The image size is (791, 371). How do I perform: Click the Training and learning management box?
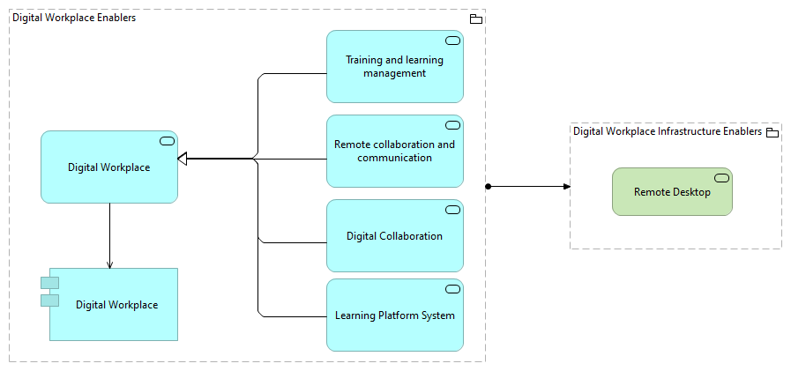coord(394,67)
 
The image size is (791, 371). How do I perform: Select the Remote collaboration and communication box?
coord(394,152)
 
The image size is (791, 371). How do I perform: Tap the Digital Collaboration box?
coord(394,236)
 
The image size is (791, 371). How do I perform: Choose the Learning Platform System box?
coord(394,315)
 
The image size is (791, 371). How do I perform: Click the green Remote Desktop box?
coord(672,192)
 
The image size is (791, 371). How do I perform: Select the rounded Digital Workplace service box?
coord(109,167)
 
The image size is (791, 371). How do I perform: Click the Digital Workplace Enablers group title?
coord(74,18)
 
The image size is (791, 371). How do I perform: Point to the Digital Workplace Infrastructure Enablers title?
coord(667,131)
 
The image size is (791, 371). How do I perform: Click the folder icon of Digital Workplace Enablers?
coord(476,19)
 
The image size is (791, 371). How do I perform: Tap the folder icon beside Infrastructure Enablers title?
coord(772,132)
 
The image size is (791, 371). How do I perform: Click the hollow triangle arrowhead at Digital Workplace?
coord(183,159)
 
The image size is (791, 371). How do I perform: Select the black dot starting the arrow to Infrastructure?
coord(487,186)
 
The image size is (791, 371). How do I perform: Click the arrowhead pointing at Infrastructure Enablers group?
coord(566,186)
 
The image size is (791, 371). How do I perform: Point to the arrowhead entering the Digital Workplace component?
coord(109,264)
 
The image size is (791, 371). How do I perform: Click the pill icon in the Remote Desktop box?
coord(721,178)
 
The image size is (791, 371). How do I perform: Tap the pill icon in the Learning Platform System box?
coord(452,289)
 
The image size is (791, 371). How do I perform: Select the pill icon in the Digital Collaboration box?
coord(452,210)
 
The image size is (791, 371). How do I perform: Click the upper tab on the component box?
coord(49,283)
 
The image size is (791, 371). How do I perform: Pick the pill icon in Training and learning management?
coord(452,41)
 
